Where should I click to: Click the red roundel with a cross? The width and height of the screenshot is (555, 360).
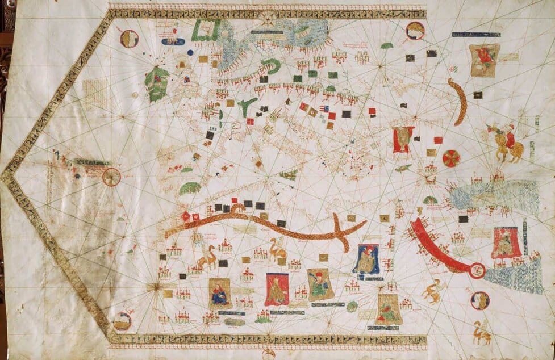452,158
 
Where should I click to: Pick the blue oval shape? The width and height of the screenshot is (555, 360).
173,41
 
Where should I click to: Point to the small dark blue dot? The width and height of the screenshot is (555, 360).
190,52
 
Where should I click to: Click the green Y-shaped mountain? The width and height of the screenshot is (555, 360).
246,107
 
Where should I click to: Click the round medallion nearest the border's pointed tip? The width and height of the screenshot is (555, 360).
111,177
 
